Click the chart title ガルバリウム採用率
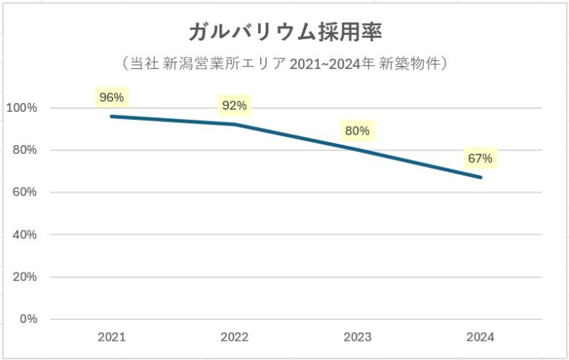coord(284,32)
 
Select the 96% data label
coord(111,97)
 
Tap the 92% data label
coord(234,106)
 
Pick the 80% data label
coord(357,131)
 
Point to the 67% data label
coord(480,159)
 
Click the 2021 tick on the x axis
coord(111,337)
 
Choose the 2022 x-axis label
coord(234,337)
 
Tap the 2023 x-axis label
coord(357,337)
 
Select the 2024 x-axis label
coord(480,337)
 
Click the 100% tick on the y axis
coord(22,108)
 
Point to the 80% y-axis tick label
coord(24,150)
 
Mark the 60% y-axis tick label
coord(24,193)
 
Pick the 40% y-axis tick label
coord(24,235)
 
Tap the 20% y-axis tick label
coord(24,277)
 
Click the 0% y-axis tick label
coord(27,319)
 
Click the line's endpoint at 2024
coord(481,178)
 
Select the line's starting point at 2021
coord(111,116)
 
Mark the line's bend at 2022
coord(234,124)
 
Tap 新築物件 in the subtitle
coord(411,64)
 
